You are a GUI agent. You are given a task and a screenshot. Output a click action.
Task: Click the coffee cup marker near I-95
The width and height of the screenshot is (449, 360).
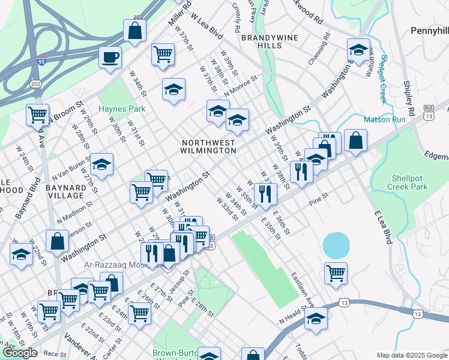coord(110,58)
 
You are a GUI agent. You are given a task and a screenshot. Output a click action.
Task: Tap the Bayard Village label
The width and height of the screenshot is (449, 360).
coord(65,191)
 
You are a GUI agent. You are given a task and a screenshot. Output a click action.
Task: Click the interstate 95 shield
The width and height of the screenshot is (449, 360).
coord(41,61)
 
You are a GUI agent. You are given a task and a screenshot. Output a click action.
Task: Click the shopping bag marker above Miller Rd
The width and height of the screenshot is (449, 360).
coord(135,31)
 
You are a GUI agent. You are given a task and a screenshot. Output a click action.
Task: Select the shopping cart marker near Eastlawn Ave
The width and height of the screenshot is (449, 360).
coord(336,273)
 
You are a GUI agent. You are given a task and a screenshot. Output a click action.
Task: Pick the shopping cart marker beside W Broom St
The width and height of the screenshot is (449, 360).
coord(37,113)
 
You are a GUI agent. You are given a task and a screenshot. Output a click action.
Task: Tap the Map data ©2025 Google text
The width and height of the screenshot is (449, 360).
coord(412,355)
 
